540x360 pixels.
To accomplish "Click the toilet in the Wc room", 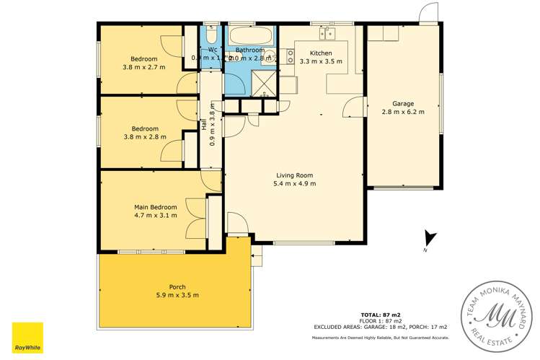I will [x=211, y=35].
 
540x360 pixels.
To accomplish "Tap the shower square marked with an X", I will [x=265, y=84].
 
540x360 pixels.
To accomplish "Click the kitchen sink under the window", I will [x=327, y=32].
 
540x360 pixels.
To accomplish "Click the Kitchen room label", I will [x=321, y=53].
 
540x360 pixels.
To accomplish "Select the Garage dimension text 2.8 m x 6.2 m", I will [x=403, y=112].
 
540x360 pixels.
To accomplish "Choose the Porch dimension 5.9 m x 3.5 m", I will [x=177, y=295].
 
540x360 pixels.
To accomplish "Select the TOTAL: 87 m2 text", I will [x=381, y=315].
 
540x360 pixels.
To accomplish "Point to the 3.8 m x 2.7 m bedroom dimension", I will [x=144, y=67].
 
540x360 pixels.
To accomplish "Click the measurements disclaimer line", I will [x=381, y=338].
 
